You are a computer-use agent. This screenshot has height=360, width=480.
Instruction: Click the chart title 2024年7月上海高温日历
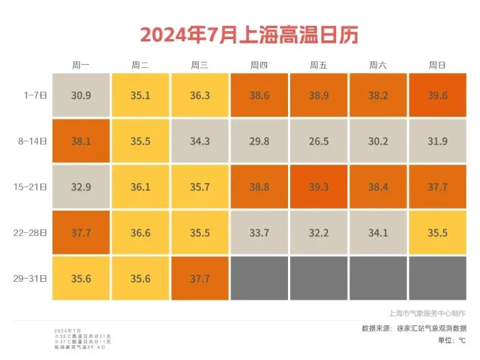[239, 34]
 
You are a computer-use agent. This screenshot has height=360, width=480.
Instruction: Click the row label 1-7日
[35, 94]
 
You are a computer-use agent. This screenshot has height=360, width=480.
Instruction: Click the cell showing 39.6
[437, 95]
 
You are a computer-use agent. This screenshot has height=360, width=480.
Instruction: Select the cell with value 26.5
[318, 141]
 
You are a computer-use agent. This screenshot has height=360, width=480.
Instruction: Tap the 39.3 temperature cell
[318, 187]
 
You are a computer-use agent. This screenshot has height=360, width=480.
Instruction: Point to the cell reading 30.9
[80, 95]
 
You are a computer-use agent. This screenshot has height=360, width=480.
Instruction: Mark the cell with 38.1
[80, 141]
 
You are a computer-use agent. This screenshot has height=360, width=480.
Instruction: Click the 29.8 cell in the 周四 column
[259, 141]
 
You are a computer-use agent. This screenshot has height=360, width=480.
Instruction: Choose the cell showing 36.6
[140, 232]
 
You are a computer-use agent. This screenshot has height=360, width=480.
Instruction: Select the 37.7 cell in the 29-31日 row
[199, 278]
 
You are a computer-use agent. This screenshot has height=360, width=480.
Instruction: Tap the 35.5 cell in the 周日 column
[437, 232]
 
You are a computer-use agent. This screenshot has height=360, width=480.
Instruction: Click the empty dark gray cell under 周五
[318, 278]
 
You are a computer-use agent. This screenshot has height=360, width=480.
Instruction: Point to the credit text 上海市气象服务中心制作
[427, 313]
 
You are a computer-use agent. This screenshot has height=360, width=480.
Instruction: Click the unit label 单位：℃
[451, 340]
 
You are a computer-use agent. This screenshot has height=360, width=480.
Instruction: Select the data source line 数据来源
[414, 328]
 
